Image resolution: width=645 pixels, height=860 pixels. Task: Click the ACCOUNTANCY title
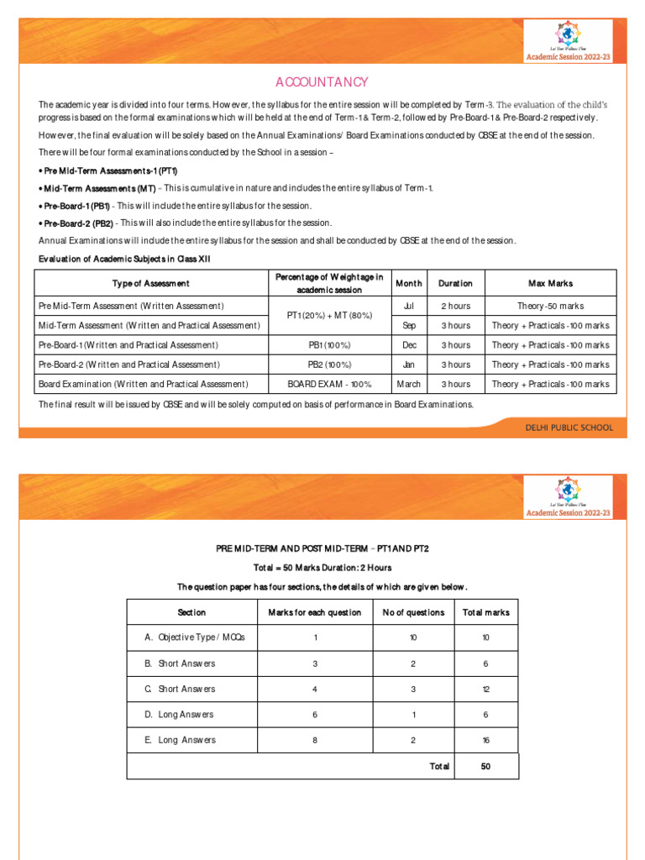322,81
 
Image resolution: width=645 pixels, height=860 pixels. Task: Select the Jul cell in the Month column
409,306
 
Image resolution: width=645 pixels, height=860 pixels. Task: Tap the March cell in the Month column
409,384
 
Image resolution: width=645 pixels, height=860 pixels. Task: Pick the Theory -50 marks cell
550,306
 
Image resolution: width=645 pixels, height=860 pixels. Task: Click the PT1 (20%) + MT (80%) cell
329,315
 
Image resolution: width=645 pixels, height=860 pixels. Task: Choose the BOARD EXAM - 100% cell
329,384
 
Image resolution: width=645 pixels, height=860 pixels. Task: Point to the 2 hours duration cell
456,306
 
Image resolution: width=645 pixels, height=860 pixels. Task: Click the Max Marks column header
550,283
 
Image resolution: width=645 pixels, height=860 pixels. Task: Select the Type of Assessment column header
151,283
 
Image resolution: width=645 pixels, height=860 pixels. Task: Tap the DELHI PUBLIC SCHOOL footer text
569,427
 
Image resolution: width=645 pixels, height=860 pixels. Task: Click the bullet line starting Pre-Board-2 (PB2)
186,223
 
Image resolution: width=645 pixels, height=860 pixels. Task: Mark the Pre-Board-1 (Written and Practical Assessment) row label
128,345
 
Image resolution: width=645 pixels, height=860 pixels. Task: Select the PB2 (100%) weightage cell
329,364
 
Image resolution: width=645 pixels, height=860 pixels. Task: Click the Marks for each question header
315,612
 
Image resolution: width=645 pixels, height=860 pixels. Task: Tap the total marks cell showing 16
486,741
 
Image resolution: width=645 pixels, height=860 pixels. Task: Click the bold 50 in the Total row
486,766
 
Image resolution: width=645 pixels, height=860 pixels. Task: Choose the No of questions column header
413,612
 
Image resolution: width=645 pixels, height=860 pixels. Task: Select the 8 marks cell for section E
315,740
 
